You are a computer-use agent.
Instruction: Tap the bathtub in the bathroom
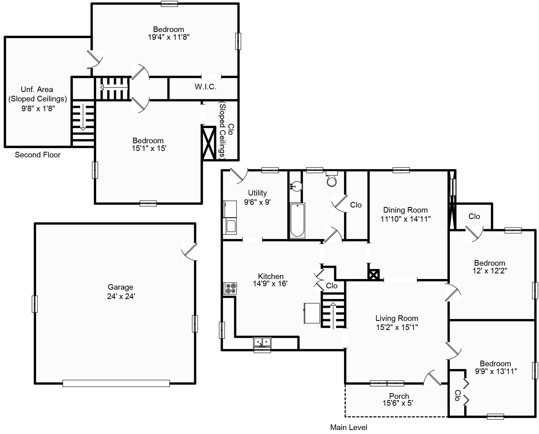click(297, 220)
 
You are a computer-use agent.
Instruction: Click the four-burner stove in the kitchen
click(230, 288)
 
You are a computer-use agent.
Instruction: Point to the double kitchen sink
click(262, 342)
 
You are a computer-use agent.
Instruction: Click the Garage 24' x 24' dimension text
click(121, 296)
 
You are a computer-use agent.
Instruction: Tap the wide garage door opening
click(116, 383)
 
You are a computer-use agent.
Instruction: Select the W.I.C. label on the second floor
click(205, 87)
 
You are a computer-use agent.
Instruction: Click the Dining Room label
click(405, 210)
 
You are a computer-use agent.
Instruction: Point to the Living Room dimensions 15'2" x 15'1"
click(397, 327)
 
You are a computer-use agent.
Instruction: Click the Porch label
click(399, 396)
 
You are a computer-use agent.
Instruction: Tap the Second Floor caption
click(38, 155)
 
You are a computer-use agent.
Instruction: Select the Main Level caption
click(348, 427)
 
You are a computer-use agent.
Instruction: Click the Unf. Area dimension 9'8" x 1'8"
click(38, 108)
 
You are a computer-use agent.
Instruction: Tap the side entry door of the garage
click(190, 252)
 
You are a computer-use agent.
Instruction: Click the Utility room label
click(257, 193)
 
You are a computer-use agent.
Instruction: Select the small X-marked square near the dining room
click(373, 275)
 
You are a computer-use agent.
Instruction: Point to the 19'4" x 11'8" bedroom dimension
click(168, 37)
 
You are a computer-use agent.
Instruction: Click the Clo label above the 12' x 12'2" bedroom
click(474, 216)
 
